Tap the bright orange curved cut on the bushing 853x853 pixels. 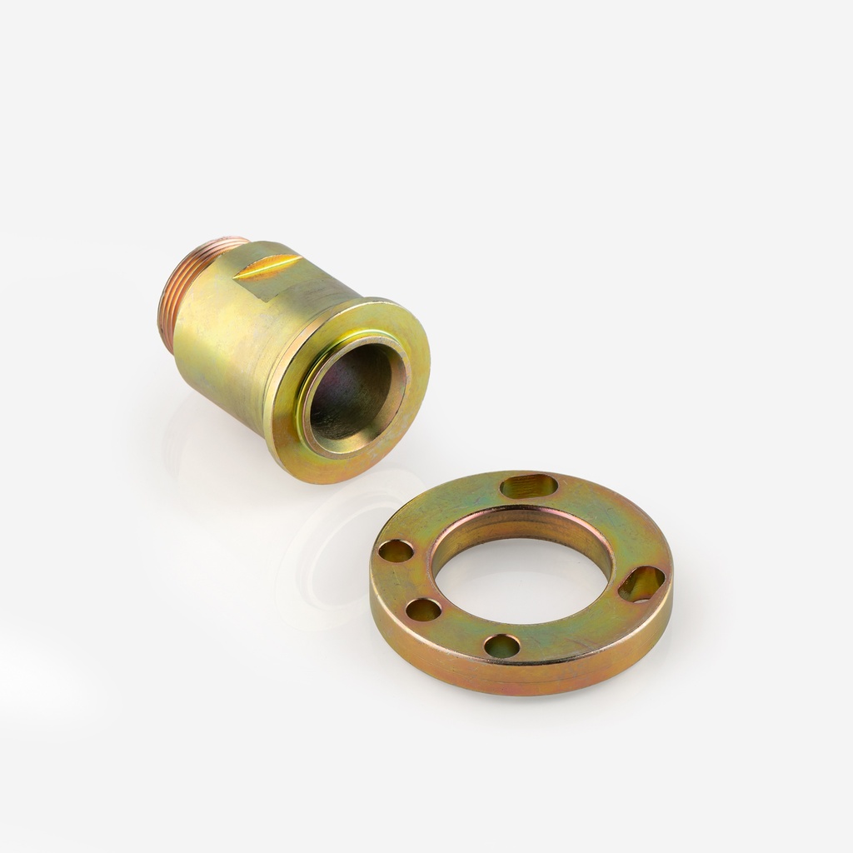[x=263, y=266]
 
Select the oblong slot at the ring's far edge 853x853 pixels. [x=529, y=486]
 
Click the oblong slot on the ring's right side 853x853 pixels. [x=641, y=583]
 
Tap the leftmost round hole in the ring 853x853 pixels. [x=396, y=551]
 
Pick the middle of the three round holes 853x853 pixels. [x=423, y=610]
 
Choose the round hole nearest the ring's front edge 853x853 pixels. [x=501, y=646]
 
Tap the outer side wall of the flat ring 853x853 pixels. [x=516, y=679]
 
